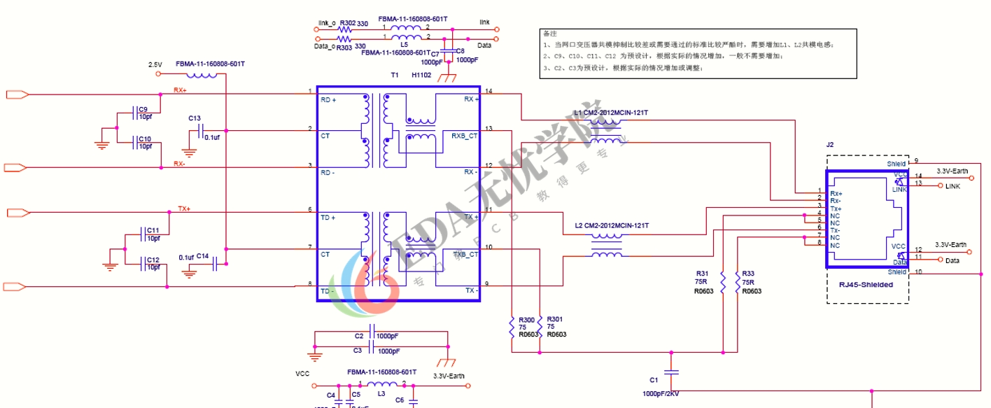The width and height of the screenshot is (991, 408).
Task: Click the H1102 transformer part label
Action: (x=421, y=75)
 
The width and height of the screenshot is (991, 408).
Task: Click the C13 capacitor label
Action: (x=195, y=118)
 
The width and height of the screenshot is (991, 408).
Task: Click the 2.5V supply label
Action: (x=155, y=64)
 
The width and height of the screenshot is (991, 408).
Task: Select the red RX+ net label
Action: (x=180, y=90)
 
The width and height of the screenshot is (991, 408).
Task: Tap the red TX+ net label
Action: (x=184, y=209)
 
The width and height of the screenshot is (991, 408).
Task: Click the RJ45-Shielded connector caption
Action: (x=866, y=284)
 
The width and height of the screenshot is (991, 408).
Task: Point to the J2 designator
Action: (x=830, y=145)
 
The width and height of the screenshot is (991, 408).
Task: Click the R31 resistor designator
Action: (x=702, y=274)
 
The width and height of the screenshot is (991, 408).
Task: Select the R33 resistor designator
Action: (x=748, y=274)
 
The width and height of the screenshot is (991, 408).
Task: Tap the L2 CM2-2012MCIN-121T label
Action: (x=612, y=226)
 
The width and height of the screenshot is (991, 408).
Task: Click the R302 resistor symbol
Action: (x=346, y=29)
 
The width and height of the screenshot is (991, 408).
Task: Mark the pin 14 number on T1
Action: (x=489, y=91)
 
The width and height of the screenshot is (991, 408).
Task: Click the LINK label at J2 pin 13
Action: (x=953, y=186)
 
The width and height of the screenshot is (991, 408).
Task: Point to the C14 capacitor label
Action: (x=202, y=256)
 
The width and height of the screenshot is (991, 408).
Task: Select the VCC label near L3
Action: (x=302, y=374)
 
